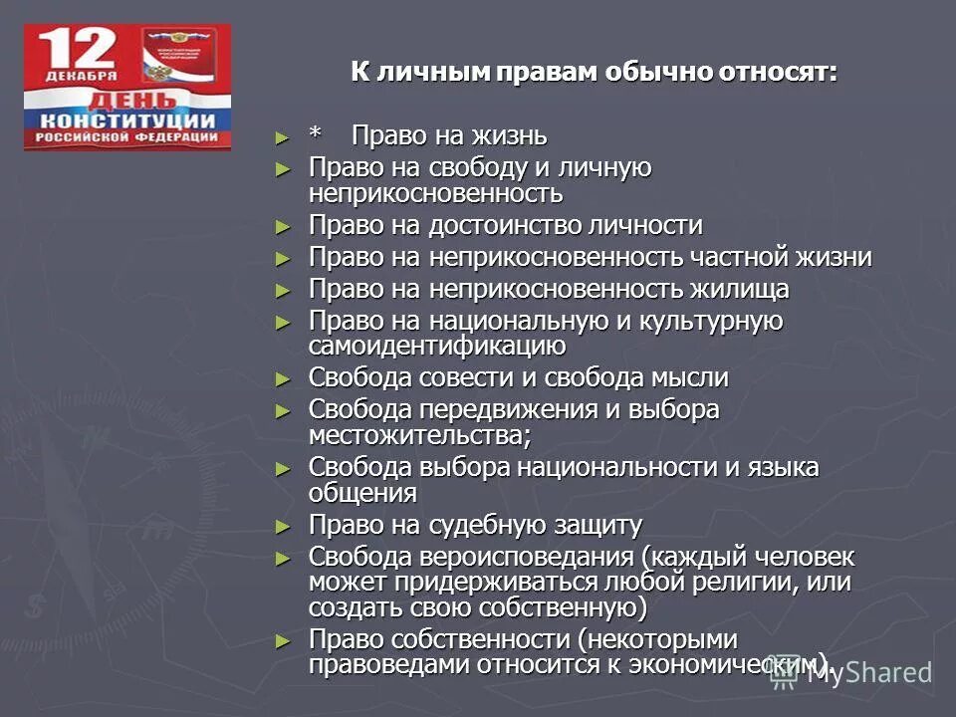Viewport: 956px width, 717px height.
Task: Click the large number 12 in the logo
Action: coord(82,51)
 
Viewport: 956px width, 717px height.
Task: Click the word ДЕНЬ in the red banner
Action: coord(127,103)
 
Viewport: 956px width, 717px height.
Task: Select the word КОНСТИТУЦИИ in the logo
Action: coord(127,120)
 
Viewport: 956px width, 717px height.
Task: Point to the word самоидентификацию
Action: coord(437,346)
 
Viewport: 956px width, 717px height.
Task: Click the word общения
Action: coord(362,492)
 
